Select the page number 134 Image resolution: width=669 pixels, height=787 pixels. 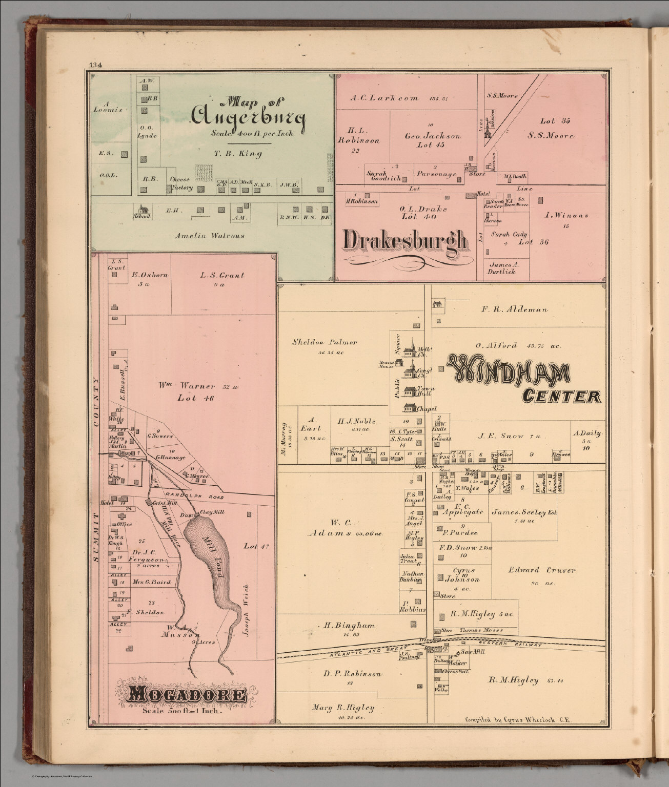pyautogui.click(x=96, y=65)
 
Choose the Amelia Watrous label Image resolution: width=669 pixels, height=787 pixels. pyautogui.click(x=209, y=236)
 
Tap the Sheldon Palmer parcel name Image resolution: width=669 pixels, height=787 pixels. pyautogui.click(x=325, y=342)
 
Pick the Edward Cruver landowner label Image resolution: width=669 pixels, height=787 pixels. pyautogui.click(x=542, y=570)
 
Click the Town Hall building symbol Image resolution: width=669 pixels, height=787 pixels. pyautogui.click(x=409, y=390)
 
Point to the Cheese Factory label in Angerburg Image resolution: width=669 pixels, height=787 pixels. pyautogui.click(x=180, y=183)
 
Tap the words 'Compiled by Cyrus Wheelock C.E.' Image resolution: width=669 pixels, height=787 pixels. pyautogui.click(x=518, y=719)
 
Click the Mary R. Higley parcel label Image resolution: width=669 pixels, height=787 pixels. pyautogui.click(x=343, y=708)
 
